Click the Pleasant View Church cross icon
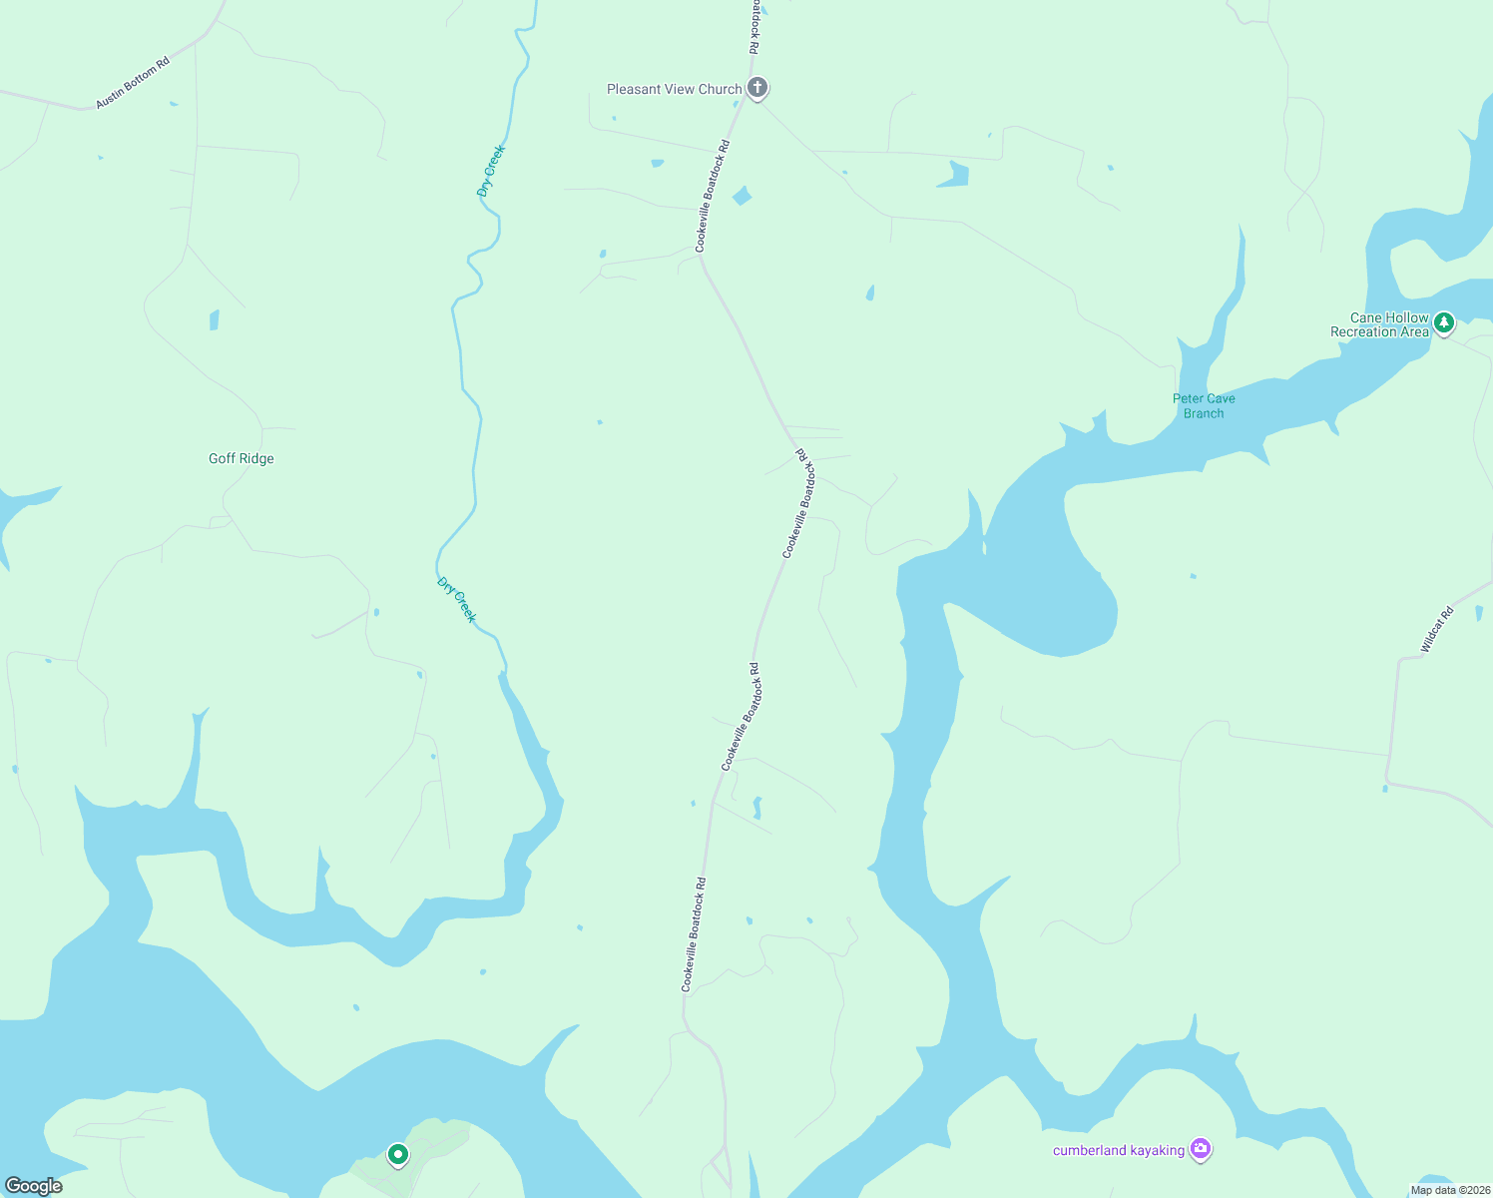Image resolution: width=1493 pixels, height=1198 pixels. (757, 88)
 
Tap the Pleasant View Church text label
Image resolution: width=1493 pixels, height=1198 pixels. (675, 89)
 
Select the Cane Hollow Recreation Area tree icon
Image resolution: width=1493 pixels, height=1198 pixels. (1443, 322)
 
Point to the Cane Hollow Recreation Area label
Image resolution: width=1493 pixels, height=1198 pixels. (1379, 325)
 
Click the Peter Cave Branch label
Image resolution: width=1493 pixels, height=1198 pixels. (1204, 405)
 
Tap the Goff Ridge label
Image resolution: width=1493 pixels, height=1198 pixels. (242, 458)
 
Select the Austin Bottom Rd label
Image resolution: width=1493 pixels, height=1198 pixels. (133, 83)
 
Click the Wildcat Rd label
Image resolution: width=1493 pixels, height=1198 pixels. (1437, 630)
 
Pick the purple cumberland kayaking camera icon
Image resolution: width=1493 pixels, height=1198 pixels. (1201, 1150)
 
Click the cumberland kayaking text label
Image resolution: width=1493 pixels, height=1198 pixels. (1119, 1150)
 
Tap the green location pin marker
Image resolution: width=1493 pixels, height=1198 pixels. (398, 1155)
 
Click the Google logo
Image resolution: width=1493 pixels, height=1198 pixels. (34, 1186)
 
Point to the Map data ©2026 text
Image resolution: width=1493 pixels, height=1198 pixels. (1449, 1190)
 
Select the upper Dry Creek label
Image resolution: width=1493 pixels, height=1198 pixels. (491, 172)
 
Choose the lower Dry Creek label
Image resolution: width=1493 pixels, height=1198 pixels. (457, 600)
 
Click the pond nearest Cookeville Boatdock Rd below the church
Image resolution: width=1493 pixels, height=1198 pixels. (742, 196)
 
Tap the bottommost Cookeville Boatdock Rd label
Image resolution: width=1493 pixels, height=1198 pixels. (694, 934)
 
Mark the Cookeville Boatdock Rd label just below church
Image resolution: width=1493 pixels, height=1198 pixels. (713, 196)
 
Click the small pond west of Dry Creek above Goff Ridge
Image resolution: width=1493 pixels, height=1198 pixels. (214, 320)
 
